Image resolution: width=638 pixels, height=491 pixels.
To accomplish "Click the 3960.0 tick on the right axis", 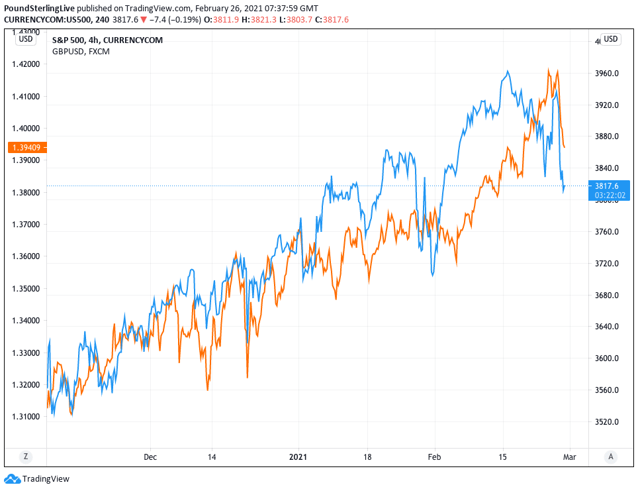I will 607,74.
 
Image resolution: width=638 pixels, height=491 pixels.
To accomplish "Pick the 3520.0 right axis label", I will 607,422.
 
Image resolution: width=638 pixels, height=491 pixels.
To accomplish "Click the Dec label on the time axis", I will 150,457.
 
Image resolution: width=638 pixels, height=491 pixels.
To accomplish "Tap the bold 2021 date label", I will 298,457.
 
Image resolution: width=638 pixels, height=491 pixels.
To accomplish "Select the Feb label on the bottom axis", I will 435,457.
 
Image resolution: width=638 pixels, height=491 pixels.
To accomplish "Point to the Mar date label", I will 568,457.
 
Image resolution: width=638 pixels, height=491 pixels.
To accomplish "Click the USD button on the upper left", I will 25,39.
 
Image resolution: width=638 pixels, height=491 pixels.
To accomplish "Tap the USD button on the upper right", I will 610,39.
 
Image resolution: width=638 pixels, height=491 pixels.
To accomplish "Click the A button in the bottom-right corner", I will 611,456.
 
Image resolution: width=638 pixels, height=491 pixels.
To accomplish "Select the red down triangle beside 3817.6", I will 143,20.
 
